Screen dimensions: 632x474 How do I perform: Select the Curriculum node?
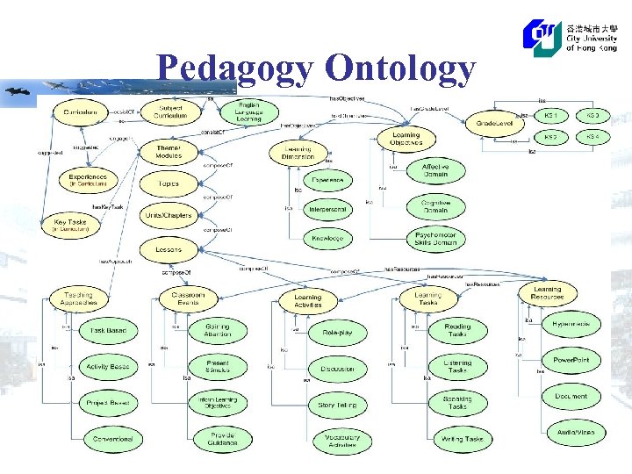coord(80,112)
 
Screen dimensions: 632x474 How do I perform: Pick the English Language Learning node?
coord(248,112)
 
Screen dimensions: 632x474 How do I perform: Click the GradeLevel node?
coord(494,124)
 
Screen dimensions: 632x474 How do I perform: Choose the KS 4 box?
coord(592,137)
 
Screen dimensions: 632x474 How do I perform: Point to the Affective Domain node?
coord(435,170)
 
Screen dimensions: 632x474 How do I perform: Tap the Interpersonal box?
coord(327,209)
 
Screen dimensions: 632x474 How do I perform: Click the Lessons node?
coord(169,250)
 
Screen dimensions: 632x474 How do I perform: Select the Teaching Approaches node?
coord(78,298)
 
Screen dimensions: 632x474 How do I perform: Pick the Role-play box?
coord(337,334)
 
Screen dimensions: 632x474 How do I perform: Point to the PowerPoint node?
coord(571,360)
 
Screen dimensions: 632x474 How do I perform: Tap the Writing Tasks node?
coord(462,439)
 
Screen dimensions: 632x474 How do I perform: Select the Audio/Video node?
coord(575,432)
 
